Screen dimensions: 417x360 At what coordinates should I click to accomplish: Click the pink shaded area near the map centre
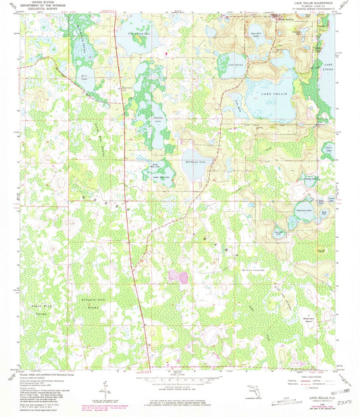(180, 277)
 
